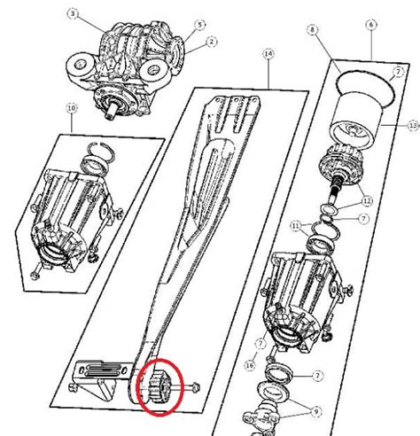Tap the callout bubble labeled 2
coord(212,42)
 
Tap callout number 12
coord(366,202)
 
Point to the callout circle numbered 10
coord(72,107)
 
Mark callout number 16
coord(251,364)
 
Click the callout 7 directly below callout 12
coord(364,218)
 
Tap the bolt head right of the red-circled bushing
coord(194,386)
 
